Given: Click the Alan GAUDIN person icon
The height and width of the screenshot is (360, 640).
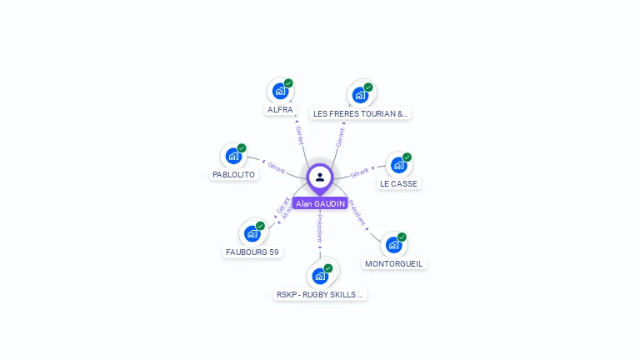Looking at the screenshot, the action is point(320,177).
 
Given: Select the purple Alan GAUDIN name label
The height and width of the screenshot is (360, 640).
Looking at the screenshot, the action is point(320,203).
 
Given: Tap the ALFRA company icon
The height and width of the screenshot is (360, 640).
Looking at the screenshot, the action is point(280,91).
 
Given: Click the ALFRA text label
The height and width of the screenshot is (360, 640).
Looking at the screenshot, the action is point(280,109).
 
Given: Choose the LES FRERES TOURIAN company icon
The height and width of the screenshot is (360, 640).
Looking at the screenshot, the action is point(360,94).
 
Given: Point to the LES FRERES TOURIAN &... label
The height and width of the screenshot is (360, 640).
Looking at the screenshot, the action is point(361,113).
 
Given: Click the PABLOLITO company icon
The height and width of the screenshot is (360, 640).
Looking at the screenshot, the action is point(233,156).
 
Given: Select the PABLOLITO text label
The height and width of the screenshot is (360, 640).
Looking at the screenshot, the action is point(233,175).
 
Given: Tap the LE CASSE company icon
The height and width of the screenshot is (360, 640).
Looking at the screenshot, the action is point(398,165).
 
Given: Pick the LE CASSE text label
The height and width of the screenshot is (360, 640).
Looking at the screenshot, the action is point(399,183).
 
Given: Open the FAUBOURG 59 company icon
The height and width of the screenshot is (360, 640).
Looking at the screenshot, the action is point(252,233).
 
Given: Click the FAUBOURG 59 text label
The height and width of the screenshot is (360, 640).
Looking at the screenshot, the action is point(252,252).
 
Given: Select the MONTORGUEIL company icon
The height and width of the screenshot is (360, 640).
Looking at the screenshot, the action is point(393,245).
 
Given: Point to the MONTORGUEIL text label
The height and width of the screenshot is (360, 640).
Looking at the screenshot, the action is point(394,263).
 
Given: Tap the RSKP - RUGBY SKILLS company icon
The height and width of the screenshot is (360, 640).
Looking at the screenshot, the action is point(320,276).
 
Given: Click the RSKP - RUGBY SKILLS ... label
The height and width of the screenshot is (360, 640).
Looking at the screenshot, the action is point(321,294).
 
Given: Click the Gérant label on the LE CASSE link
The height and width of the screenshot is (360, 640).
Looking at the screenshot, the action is point(359,173).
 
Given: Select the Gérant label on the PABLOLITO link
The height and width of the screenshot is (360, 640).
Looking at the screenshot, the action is point(277,168).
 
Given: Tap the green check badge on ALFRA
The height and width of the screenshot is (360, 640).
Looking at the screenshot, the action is point(288,83).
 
